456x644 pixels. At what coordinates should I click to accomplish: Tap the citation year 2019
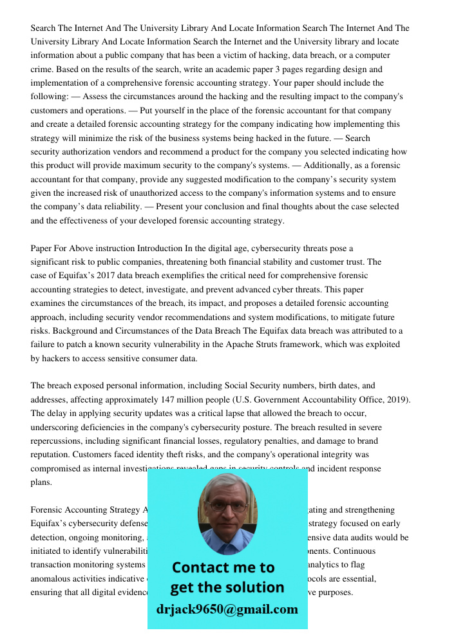(x=396, y=399)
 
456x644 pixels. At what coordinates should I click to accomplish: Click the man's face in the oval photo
(x=227, y=512)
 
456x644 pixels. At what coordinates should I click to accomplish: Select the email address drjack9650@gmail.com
(x=227, y=609)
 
